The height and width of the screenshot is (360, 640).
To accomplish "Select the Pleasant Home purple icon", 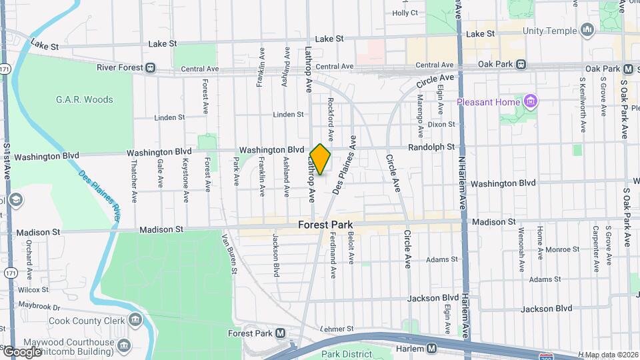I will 531,101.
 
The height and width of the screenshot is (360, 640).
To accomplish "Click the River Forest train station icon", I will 151,67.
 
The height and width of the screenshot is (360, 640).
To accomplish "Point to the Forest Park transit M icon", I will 280,333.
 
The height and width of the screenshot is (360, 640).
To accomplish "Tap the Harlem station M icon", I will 432,348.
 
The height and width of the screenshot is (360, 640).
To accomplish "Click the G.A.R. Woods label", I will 84,100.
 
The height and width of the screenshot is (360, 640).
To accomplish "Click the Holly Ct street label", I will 405,13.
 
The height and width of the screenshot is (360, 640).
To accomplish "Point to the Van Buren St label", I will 229,254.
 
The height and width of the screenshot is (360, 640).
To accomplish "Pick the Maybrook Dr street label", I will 39,307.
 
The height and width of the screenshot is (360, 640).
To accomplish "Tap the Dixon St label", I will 441,125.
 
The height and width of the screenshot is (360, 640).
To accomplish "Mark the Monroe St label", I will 562,249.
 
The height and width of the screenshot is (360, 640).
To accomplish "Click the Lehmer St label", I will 336,329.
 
